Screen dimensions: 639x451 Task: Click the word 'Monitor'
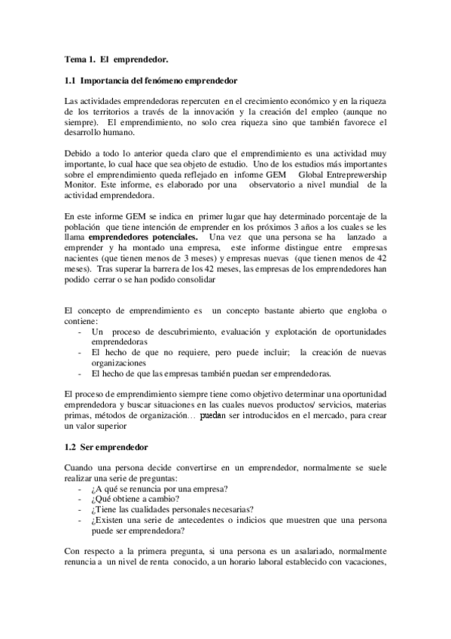tap(82, 185)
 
